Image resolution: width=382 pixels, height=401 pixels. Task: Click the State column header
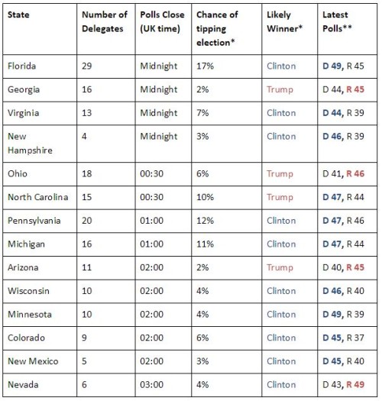pyautogui.click(x=18, y=15)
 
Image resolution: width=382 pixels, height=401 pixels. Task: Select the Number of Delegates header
pyautogui.click(x=105, y=21)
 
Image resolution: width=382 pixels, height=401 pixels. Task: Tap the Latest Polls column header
pyautogui.click(x=337, y=21)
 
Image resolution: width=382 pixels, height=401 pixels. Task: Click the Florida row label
pyautogui.click(x=21, y=66)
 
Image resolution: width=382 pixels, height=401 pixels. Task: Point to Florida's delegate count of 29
pyautogui.click(x=87, y=66)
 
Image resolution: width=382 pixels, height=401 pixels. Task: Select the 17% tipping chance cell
pyautogui.click(x=205, y=66)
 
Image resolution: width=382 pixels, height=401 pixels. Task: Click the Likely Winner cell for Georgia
pyautogui.click(x=280, y=89)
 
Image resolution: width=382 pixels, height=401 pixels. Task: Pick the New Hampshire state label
pyautogui.click(x=30, y=144)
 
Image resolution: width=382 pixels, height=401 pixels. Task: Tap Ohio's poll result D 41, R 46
pyautogui.click(x=343, y=173)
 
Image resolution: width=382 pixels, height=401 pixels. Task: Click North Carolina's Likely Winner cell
pyautogui.click(x=280, y=197)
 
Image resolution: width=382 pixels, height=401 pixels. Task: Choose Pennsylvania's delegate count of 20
pyautogui.click(x=87, y=221)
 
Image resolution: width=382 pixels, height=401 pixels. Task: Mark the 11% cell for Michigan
pyautogui.click(x=205, y=244)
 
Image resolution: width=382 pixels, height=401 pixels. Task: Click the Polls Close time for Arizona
pyautogui.click(x=152, y=267)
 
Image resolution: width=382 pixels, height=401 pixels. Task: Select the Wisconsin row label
pyautogui.click(x=28, y=291)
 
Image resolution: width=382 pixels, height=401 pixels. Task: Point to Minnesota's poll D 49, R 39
pyautogui.click(x=343, y=314)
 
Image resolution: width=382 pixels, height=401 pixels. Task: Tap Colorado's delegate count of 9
pyautogui.click(x=84, y=338)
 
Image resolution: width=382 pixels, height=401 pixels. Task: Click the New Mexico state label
pyautogui.click(x=33, y=361)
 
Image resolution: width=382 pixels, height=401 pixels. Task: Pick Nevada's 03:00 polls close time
pyautogui.click(x=152, y=385)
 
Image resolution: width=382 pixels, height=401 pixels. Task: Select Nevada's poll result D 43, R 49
pyautogui.click(x=343, y=385)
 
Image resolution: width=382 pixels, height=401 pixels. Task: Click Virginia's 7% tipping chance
pyautogui.click(x=202, y=113)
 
